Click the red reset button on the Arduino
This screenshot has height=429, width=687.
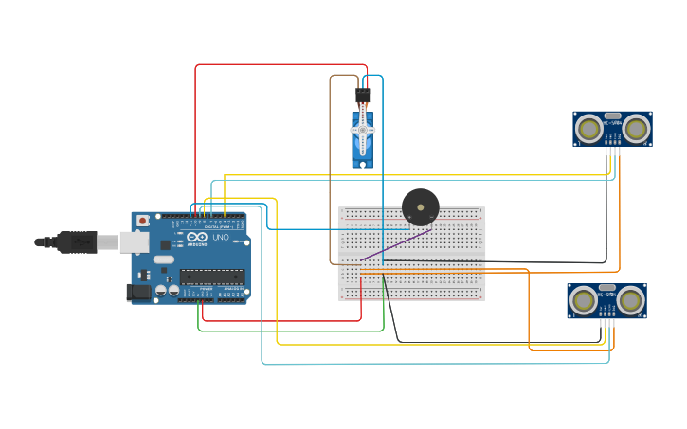[142, 221]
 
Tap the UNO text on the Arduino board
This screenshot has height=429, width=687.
[220, 238]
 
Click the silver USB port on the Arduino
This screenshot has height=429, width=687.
[134, 242]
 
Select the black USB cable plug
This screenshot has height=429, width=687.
[76, 242]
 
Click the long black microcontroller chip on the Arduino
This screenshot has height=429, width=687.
[211, 277]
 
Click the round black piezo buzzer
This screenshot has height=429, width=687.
[420, 206]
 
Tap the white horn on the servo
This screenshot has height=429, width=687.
[362, 131]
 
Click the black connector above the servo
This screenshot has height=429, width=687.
[362, 97]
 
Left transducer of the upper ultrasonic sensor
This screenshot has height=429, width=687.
[589, 127]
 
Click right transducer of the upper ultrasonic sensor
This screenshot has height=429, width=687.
[636, 127]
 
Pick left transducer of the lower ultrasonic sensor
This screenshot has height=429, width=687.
[584, 299]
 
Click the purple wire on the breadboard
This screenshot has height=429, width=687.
[395, 244]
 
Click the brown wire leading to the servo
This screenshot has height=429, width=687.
[331, 170]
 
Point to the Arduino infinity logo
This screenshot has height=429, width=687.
[196, 238]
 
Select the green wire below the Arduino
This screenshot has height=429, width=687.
[284, 331]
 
